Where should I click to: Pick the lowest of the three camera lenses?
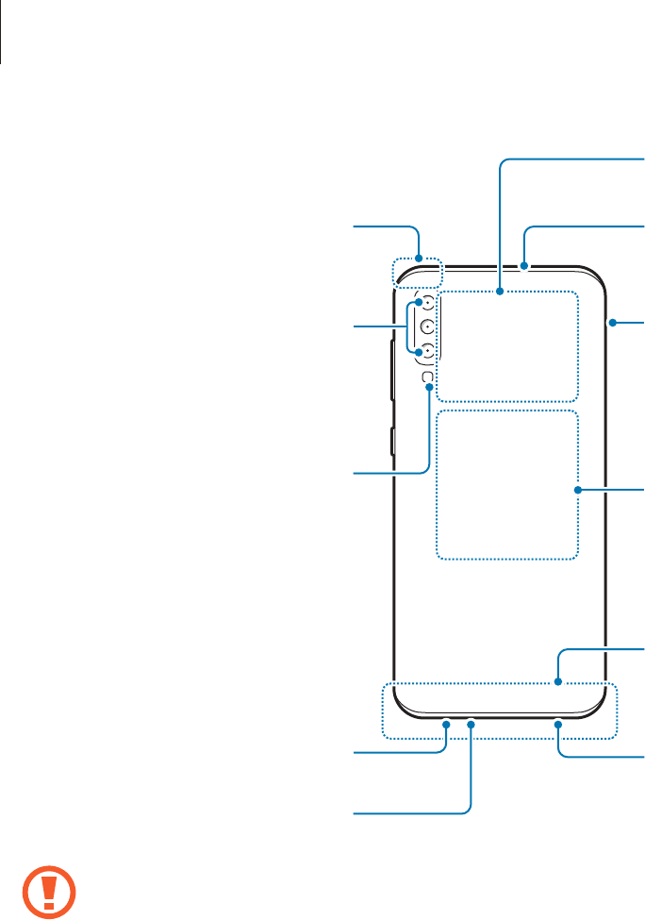(x=427, y=350)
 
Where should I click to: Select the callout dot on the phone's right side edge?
(x=611, y=324)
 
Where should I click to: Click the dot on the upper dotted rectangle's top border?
(x=502, y=291)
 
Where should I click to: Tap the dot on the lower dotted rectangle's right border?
(x=576, y=490)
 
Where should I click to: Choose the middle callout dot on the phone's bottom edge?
(x=471, y=724)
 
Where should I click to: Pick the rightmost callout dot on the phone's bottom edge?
(x=558, y=724)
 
